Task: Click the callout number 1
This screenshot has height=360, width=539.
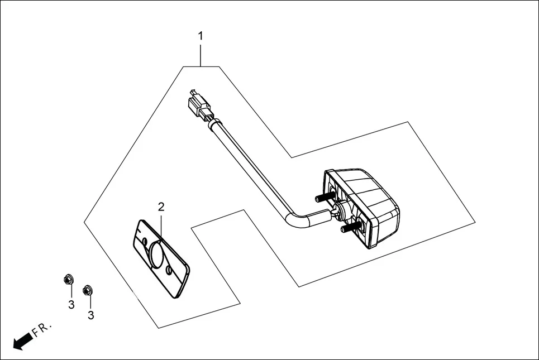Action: coord(201,36)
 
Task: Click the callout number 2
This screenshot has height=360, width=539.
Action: coord(161,207)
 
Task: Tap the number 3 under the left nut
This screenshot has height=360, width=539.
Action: coord(71,304)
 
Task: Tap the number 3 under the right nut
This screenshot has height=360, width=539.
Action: coord(90,315)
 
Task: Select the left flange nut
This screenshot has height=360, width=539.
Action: coord(68,279)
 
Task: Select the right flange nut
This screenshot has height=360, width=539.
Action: coord(87,290)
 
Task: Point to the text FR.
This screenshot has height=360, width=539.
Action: coord(41,330)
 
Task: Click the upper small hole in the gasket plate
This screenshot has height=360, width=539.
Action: coord(145,241)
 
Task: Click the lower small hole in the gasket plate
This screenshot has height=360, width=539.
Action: coord(169,271)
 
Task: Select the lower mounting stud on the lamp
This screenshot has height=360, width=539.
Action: coord(346,227)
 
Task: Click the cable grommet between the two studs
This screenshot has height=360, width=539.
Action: coord(339,210)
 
